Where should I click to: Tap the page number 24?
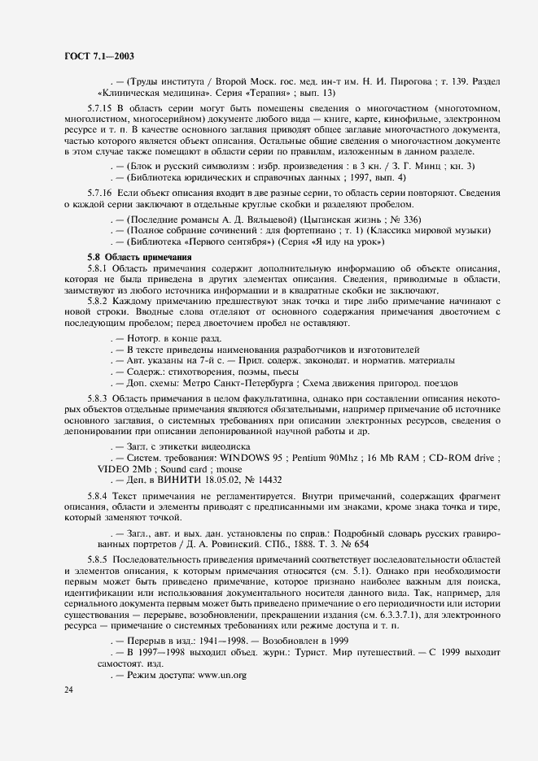pos(68,689)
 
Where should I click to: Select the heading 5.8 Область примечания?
pos(133,256)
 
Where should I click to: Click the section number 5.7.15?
pos(101,108)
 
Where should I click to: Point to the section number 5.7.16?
pos(101,191)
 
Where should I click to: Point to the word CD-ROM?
pos(445,457)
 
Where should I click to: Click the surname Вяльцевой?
pos(270,220)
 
